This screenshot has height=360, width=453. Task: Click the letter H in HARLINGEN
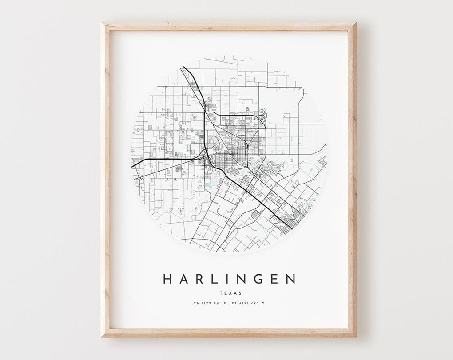click(168, 279)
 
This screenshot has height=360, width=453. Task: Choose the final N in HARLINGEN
click(290, 279)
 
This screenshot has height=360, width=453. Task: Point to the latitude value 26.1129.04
click(209, 303)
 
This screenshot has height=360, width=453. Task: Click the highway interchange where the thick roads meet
click(204, 155)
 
